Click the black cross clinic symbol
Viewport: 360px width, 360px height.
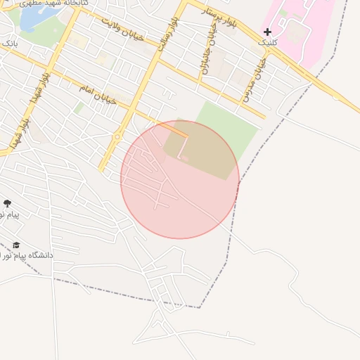click(267, 32)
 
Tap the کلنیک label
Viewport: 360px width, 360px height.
click(267, 43)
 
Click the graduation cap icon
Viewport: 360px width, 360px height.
click(16, 245)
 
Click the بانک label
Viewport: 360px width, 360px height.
click(10, 44)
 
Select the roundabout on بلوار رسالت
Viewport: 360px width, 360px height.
click(117, 136)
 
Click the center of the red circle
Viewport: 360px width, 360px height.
click(180, 180)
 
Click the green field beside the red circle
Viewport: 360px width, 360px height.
click(225, 127)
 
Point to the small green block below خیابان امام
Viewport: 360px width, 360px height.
click(79, 108)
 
